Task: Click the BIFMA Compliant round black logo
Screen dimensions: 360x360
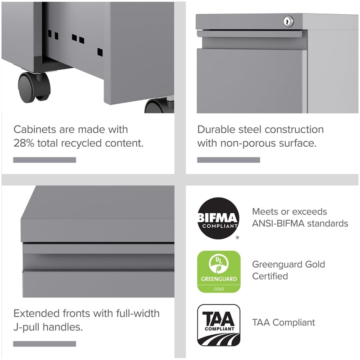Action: (218, 218)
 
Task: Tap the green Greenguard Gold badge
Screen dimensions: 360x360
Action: (219, 271)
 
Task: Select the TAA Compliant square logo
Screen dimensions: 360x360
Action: (219, 325)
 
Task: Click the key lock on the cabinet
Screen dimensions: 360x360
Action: (288, 21)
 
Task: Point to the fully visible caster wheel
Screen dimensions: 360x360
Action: (34, 86)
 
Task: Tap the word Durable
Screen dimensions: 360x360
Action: (215, 130)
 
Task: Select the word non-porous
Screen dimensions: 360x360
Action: (247, 144)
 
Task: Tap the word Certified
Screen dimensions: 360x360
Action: (270, 276)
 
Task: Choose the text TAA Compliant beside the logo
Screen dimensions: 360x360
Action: (283, 323)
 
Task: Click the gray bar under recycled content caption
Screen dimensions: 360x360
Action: (45, 160)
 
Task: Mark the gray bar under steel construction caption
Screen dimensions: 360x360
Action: (229, 160)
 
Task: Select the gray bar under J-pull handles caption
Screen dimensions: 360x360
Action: (45, 344)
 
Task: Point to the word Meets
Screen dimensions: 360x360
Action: (265, 211)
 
